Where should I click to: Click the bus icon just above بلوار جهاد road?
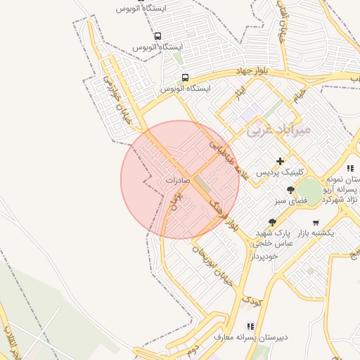coord(185,77)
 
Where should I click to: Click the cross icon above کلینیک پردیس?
coord(280,161)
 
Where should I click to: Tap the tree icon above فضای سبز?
coord(290,191)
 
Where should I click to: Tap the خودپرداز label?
coord(262,256)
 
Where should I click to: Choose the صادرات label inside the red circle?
coord(179,180)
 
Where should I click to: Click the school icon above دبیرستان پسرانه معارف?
coord(250,326)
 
